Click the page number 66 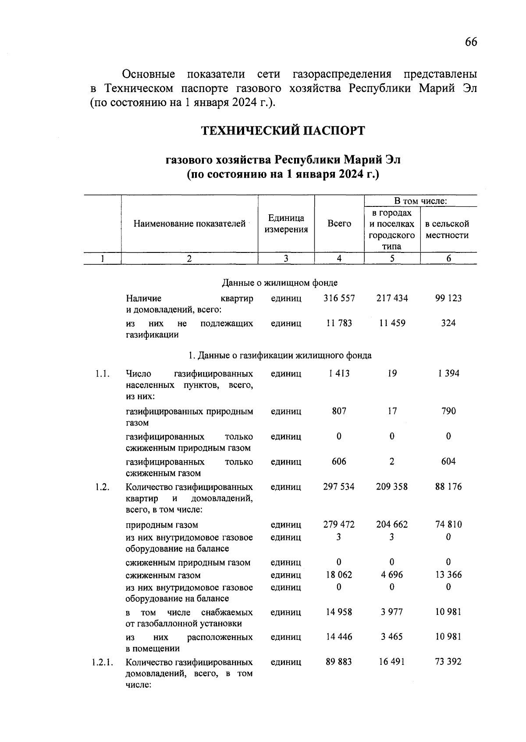pos(471,42)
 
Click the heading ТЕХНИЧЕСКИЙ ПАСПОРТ pos(283,131)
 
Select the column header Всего pos(339,224)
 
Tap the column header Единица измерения pos(286,224)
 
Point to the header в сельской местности pos(447,229)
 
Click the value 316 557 pos(339,298)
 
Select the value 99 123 pos(448,298)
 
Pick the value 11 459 pos(392,323)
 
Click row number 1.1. pos(102,374)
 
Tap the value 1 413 pos(339,374)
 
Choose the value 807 pos(339,412)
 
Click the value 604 pos(448,462)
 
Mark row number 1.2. pos(102,487)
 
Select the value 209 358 pos(392,487)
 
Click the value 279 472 pos(339,525)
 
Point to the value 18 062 pos(339,575)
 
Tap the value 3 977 pos(392,612)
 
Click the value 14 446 pos(339,637)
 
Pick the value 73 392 pos(448,662)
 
